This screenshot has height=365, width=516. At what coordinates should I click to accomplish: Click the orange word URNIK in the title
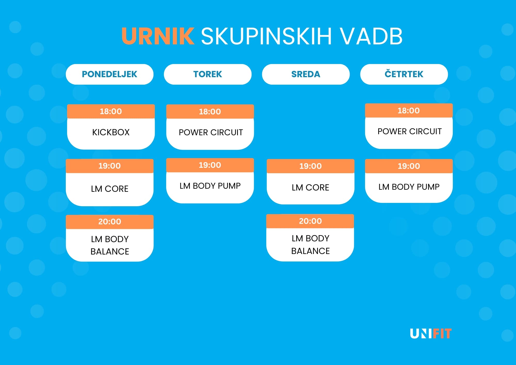pyautogui.click(x=158, y=36)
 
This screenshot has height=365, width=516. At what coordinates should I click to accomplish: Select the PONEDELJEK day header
pyautogui.click(x=109, y=74)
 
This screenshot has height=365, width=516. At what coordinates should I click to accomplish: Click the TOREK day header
pyautogui.click(x=207, y=74)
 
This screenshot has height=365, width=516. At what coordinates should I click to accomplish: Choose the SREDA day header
pyautogui.click(x=306, y=74)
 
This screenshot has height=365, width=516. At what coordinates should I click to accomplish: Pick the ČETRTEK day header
pyautogui.click(x=404, y=74)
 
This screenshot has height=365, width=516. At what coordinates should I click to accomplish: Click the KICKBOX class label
pyautogui.click(x=111, y=132)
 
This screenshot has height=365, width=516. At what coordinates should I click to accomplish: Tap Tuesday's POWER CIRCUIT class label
pyautogui.click(x=211, y=132)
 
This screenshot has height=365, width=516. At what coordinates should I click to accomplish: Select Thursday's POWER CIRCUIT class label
pyautogui.click(x=409, y=131)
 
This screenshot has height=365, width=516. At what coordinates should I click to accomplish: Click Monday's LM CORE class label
pyautogui.click(x=110, y=189)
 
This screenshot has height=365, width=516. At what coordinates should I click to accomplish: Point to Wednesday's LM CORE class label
pyautogui.click(x=310, y=188)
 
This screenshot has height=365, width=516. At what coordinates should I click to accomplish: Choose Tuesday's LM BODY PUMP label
pyautogui.click(x=210, y=186)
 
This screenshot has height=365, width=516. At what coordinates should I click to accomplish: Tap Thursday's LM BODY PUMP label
pyautogui.click(x=409, y=187)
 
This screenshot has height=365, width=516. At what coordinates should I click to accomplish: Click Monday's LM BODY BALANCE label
pyautogui.click(x=110, y=245)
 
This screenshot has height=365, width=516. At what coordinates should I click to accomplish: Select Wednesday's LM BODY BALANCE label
pyautogui.click(x=310, y=244)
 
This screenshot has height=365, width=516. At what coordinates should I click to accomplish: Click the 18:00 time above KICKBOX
pyautogui.click(x=111, y=111)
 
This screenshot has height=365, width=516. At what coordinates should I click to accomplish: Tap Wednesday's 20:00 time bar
pyautogui.click(x=310, y=221)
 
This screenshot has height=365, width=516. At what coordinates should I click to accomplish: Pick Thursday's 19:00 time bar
pyautogui.click(x=409, y=166)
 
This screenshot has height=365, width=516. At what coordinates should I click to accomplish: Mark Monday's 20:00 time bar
pyautogui.click(x=110, y=222)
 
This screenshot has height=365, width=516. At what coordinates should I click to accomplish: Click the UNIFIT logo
pyautogui.click(x=431, y=334)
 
